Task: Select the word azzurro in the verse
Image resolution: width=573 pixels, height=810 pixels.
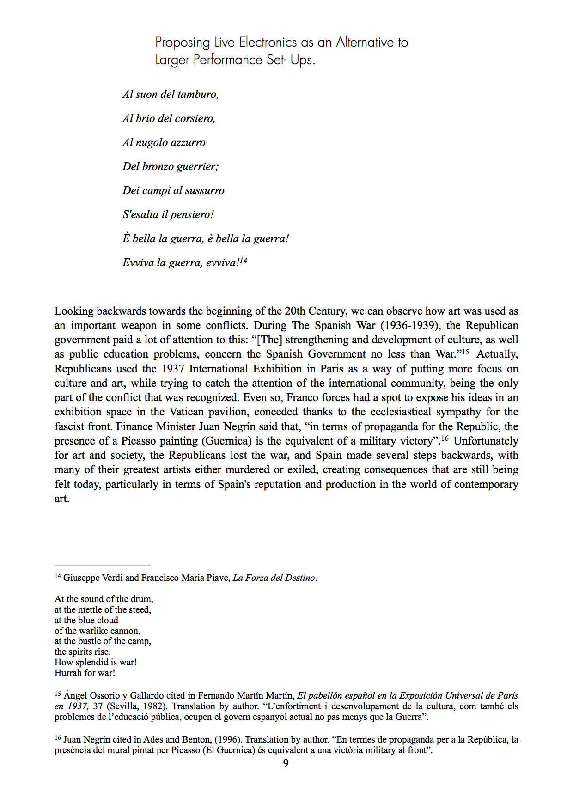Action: coord(188,142)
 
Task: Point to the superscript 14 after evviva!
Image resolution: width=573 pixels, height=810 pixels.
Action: coord(243,261)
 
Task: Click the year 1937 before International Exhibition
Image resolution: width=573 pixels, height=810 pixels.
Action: coord(173,369)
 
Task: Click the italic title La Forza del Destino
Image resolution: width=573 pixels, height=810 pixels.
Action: coord(274,578)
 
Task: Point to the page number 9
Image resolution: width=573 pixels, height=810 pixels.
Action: coord(286,763)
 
